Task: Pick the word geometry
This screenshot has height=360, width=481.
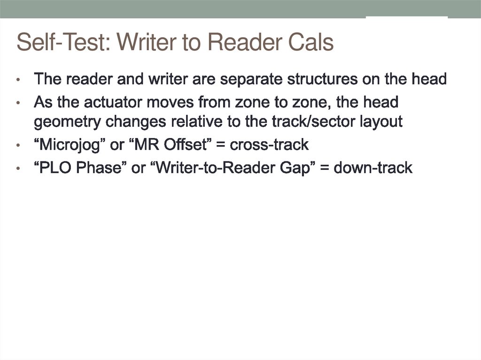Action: point(68,122)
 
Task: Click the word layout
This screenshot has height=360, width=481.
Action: point(381,122)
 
